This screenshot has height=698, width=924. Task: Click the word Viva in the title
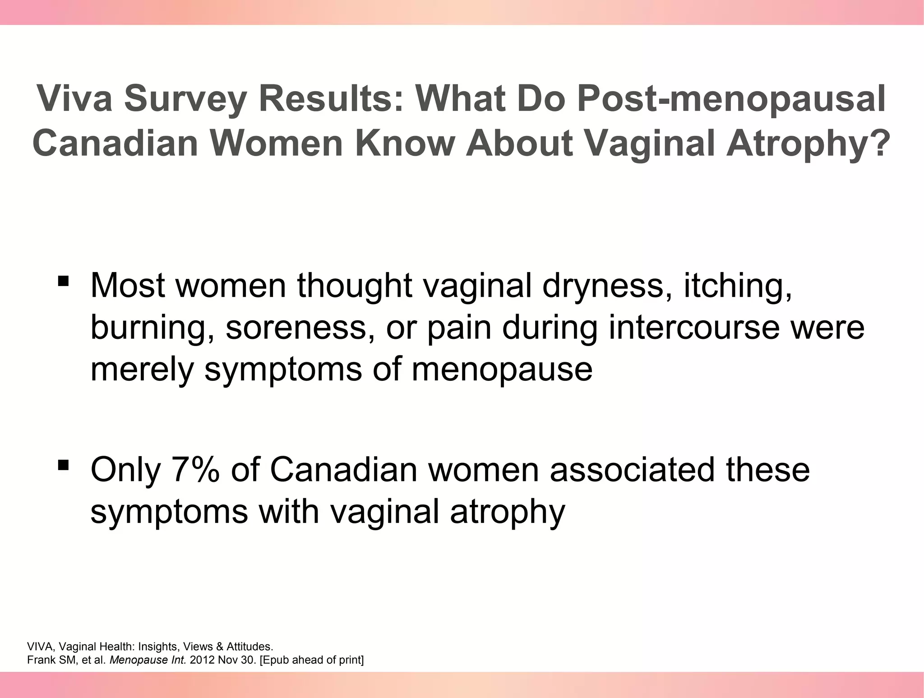pyautogui.click(x=74, y=98)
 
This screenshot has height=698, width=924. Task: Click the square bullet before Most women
pyautogui.click(x=63, y=281)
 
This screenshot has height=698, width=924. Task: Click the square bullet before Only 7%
pyautogui.click(x=63, y=465)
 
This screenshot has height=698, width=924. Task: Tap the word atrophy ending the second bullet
pyautogui.click(x=508, y=513)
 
